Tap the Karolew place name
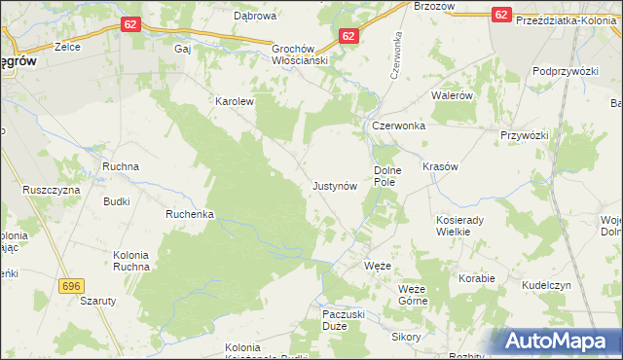[x=234, y=100]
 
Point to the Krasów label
[x=440, y=166]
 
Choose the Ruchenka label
[x=189, y=214]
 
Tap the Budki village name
[x=117, y=201]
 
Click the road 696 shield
[x=69, y=286]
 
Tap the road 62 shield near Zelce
[x=133, y=22]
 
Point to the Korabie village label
[x=478, y=278]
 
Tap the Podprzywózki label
[x=565, y=72]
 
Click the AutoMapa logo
[x=558, y=341]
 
